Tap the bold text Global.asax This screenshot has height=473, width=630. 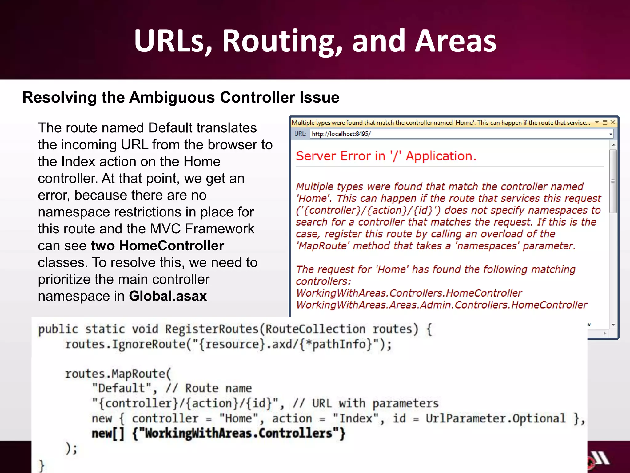tap(168, 296)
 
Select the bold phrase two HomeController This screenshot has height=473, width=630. tap(157, 245)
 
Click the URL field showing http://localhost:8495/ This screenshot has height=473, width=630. tap(458, 134)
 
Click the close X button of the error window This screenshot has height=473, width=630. tap(613, 123)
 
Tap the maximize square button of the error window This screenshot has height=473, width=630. tap(605, 123)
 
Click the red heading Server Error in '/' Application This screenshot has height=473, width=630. tap(386, 156)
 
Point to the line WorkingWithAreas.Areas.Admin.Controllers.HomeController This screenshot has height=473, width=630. tap(441, 305)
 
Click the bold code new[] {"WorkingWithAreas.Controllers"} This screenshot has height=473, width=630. tap(218, 433)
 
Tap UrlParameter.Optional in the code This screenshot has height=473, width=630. tap(495, 418)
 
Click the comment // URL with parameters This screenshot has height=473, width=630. tap(366, 403)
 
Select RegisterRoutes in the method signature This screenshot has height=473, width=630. tap(212, 329)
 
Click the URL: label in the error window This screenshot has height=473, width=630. tap(300, 134)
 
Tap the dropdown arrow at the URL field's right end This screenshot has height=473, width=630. tap(610, 134)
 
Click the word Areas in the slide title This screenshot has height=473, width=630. tap(455, 41)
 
